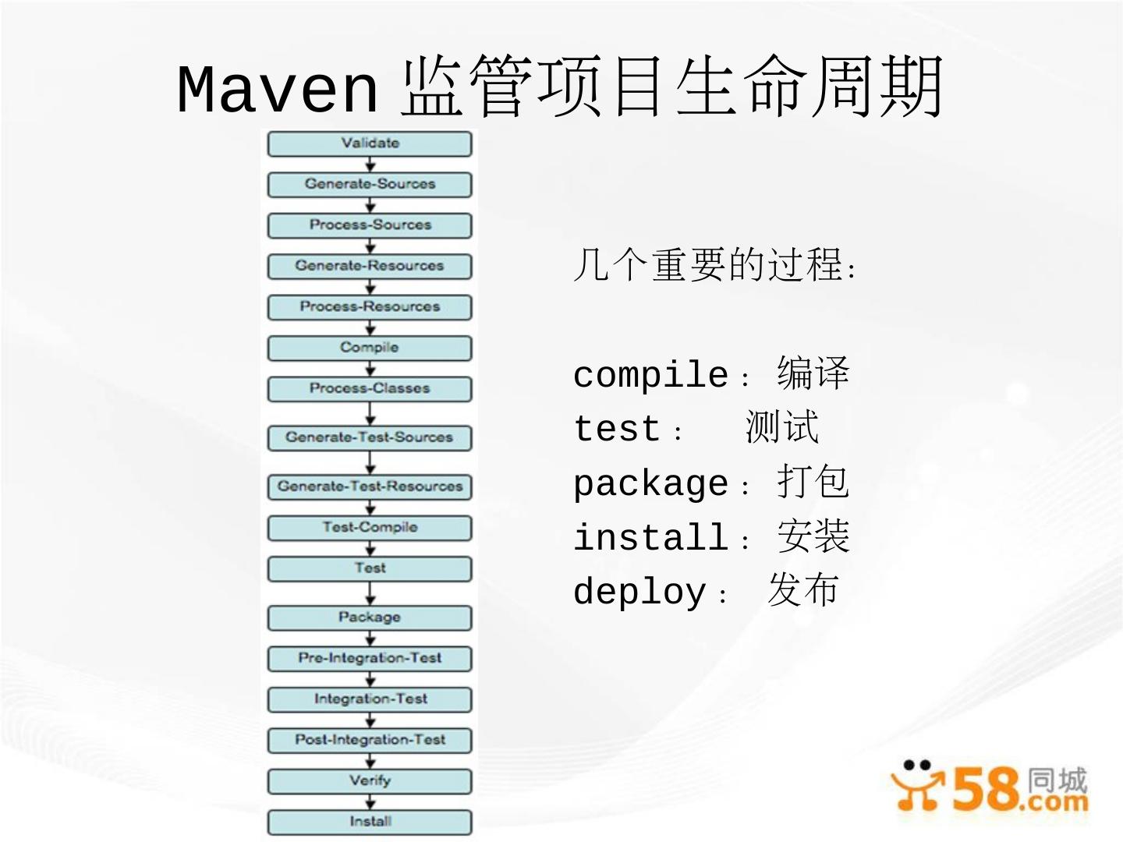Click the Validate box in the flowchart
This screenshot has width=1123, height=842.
[370, 144]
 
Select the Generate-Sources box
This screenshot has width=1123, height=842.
[370, 185]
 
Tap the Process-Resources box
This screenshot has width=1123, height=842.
[370, 307]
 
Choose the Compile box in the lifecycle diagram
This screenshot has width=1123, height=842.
[370, 348]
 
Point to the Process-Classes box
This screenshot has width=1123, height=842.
[370, 389]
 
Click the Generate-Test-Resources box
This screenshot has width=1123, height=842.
[370, 486]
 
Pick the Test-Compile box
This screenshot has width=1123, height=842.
[370, 528]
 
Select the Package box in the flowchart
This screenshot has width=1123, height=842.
[370, 617]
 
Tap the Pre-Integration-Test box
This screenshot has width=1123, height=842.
[370, 659]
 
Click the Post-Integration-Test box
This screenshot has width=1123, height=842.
[370, 740]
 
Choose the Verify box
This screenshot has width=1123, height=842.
[370, 781]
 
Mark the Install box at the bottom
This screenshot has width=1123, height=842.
[370, 822]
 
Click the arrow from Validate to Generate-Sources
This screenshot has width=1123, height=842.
[370, 165]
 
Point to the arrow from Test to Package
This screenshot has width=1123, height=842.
[370, 593]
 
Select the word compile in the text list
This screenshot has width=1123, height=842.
[650, 375]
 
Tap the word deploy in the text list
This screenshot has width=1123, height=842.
[639, 592]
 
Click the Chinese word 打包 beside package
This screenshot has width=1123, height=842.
[813, 482]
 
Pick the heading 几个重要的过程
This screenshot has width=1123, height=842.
[714, 265]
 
